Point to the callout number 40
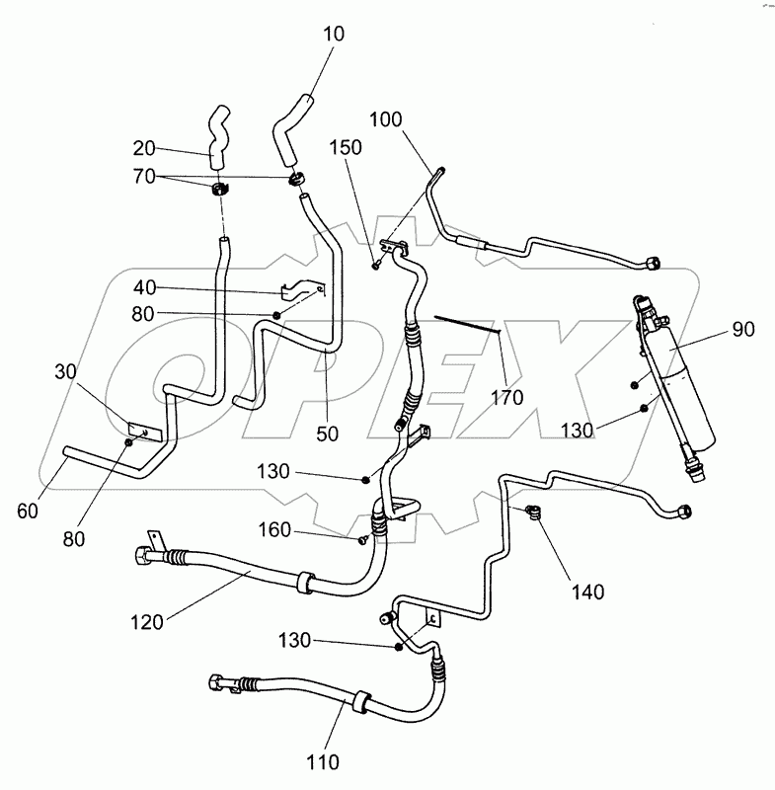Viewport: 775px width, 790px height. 145,287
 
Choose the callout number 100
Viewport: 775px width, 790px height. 387,121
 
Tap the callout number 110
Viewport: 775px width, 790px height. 323,761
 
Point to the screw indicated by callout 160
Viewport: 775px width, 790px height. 363,539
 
